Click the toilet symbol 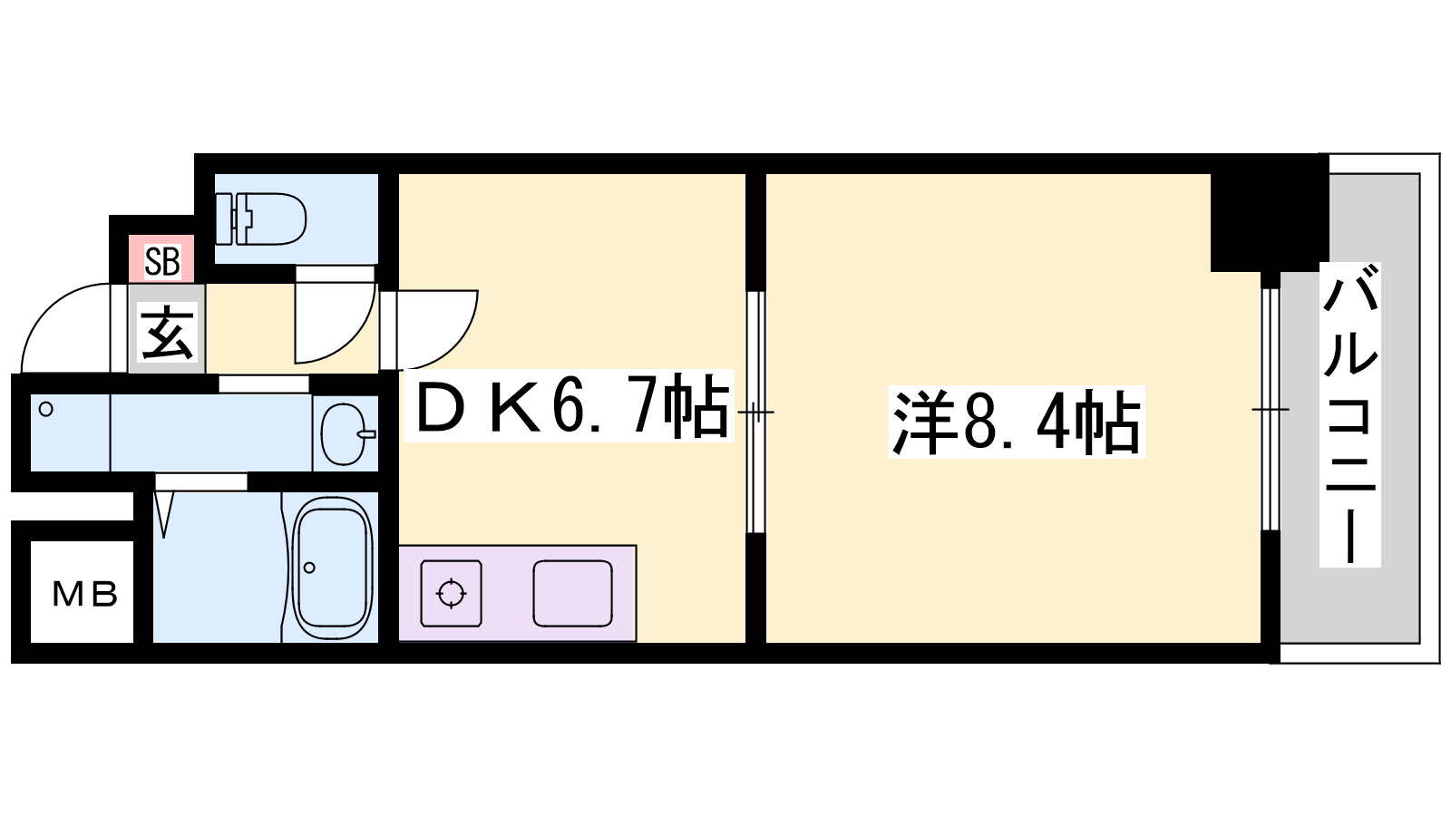pos(260,219)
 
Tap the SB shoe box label pos(162,261)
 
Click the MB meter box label pos(85,595)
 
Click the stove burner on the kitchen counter pos(452,593)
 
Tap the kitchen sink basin pos(572,593)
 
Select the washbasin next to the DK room pos(347,434)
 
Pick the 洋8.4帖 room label pos(1016,423)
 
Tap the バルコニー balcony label pos(1350,413)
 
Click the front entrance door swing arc pos(66,327)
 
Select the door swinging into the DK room pos(429,329)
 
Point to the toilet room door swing pos(336,315)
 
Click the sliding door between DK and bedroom pos(755,412)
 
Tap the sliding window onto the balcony pos(1271,409)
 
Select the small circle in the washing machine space pos(46,409)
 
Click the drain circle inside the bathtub pos(309,568)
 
